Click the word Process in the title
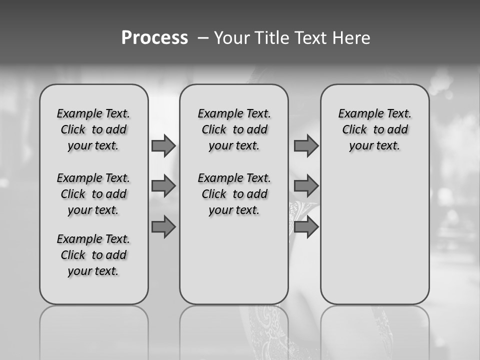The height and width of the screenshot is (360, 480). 154,38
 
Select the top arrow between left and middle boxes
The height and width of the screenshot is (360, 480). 163,146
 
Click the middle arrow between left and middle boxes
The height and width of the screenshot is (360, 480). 163,186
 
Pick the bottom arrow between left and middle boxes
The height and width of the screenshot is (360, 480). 163,227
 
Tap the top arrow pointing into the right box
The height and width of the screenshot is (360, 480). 306,146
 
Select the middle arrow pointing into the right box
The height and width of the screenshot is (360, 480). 306,186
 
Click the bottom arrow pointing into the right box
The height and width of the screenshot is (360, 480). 306,227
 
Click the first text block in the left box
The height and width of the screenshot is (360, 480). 93,129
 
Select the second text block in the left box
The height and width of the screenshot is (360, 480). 93,194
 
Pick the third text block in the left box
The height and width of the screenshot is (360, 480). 93,255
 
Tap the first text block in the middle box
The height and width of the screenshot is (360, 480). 234,129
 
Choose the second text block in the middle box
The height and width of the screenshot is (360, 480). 234,194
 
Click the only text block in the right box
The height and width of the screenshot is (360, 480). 374,129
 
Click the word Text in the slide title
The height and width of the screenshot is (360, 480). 311,38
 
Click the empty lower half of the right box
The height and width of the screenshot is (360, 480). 374,240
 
